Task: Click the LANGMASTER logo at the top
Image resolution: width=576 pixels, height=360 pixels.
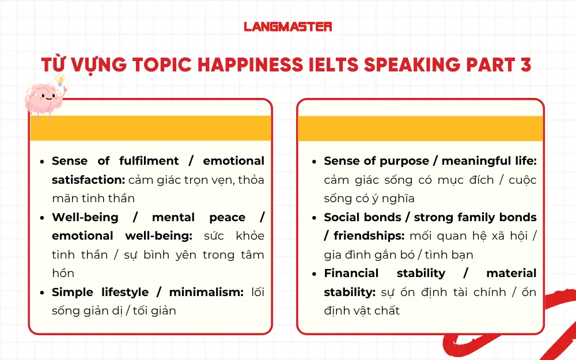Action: [287, 26]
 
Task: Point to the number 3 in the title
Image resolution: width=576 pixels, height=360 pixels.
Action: [525, 65]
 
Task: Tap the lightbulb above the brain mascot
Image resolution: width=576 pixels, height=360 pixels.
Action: [59, 80]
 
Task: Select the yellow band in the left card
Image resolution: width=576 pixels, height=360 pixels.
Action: [150, 128]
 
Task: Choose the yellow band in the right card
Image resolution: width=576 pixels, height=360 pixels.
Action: [420, 128]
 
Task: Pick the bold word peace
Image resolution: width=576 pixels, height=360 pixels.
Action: [227, 217]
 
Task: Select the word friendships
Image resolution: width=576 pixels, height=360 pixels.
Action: [369, 236]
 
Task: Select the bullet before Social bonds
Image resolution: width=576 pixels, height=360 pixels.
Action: [314, 218]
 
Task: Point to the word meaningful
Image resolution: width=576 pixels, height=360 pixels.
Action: [472, 161]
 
